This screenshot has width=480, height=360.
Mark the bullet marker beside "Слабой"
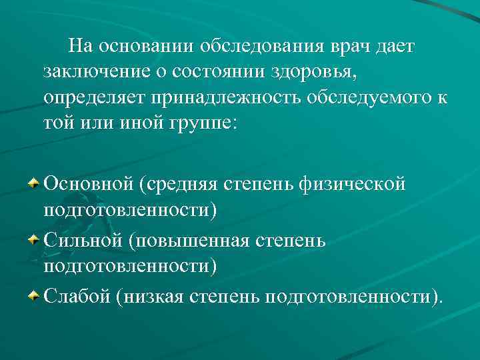click(x=33, y=295)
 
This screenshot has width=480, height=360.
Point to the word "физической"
click(x=368, y=183)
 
